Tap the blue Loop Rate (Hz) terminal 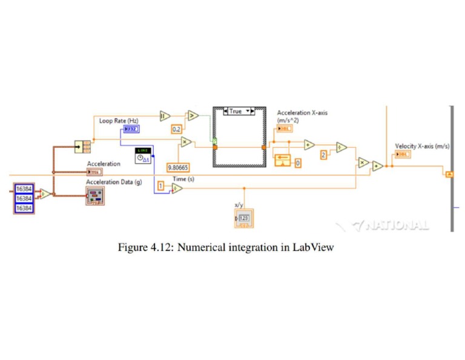(131, 129)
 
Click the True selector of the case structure (236, 112)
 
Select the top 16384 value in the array (24, 188)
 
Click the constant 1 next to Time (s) (160, 185)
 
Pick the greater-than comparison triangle (193, 115)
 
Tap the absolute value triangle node (165, 115)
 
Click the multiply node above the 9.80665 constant (185, 142)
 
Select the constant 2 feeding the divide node (323, 155)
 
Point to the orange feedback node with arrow (283, 161)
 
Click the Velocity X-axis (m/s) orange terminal (401, 155)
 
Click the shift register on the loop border (449, 175)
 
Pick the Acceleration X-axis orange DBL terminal (285, 128)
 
